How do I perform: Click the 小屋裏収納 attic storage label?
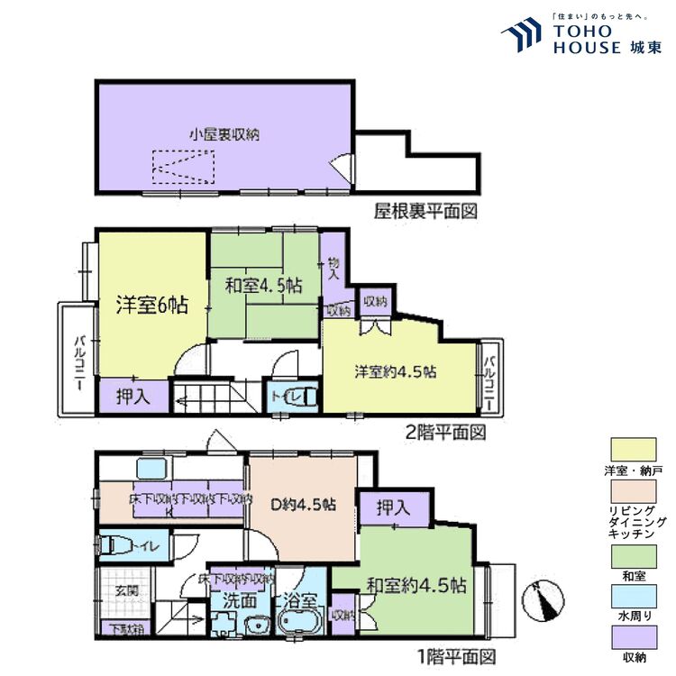click(224, 134)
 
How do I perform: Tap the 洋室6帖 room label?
click(151, 306)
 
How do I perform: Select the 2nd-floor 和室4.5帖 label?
click(262, 286)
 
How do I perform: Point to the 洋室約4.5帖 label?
click(396, 371)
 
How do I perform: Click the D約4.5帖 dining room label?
click(304, 504)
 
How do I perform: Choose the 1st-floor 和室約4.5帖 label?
click(416, 585)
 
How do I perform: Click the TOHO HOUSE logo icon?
click(520, 37)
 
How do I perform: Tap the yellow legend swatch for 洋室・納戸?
click(634, 448)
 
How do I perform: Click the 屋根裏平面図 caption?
click(425, 213)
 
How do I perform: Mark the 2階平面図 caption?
click(445, 434)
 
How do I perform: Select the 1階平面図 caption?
click(457, 656)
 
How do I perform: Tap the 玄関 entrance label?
click(125, 591)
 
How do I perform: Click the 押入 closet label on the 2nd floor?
click(132, 395)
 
